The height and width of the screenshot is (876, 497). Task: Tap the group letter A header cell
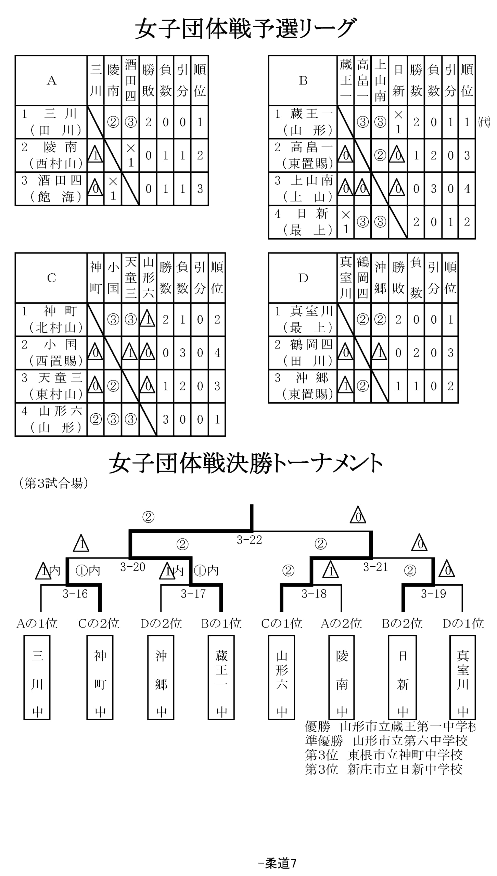click(51, 80)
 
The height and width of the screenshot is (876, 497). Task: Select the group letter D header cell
click(303, 278)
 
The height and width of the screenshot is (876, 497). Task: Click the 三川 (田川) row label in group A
click(51, 122)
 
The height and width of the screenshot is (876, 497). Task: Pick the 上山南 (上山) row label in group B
click(303, 189)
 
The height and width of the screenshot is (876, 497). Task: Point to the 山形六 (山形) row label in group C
click(51, 419)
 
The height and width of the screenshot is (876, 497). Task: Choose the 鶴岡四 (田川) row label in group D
click(303, 353)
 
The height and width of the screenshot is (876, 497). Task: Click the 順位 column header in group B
click(467, 80)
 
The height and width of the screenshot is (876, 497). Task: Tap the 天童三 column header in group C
click(130, 278)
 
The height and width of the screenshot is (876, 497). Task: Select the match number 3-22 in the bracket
click(249, 540)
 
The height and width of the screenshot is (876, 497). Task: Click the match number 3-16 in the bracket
click(75, 594)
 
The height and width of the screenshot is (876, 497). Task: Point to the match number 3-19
click(434, 594)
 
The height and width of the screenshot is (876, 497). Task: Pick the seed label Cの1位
click(282, 623)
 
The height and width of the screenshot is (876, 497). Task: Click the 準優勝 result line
click(386, 740)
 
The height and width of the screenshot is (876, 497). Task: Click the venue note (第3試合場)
click(53, 483)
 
